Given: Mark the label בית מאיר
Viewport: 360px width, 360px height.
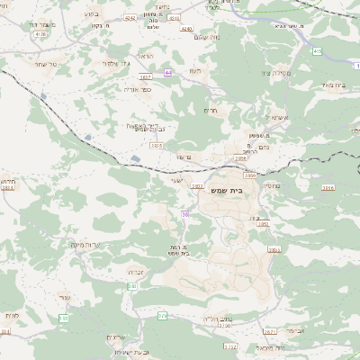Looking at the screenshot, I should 335,85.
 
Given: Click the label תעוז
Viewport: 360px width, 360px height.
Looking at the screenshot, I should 197,71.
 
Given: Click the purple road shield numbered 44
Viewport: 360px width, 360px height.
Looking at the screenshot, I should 167,72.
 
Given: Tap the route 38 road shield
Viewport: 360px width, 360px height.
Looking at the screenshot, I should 185,214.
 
